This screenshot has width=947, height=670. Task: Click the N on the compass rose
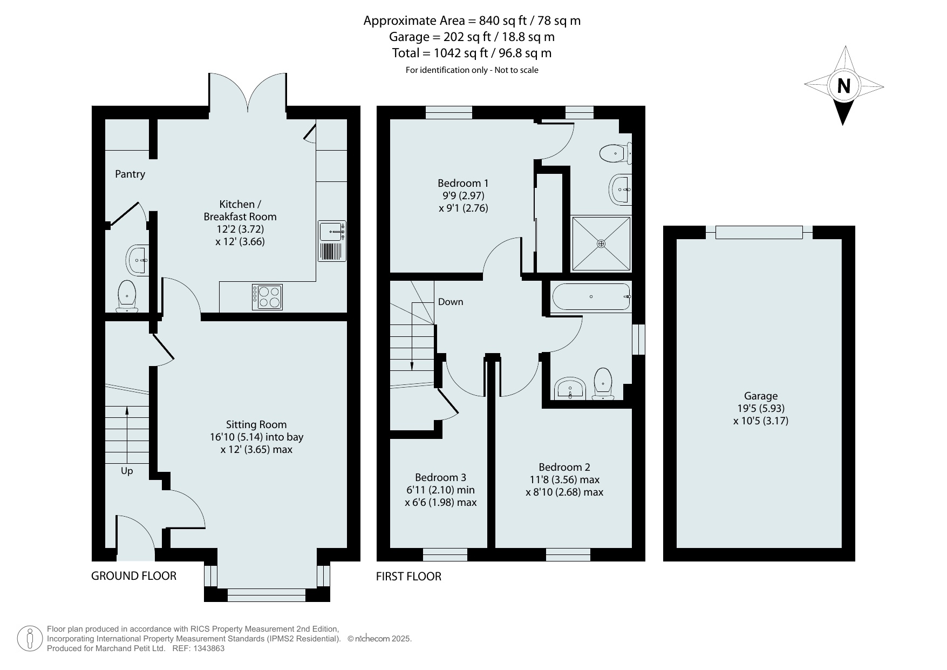[x=843, y=86]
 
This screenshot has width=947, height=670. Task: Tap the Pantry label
[x=130, y=174]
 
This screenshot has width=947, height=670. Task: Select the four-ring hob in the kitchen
[x=267, y=297]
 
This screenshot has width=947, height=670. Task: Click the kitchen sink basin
[x=330, y=231]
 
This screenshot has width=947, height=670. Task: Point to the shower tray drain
[x=601, y=244]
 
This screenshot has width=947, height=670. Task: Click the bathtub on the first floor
[x=591, y=297]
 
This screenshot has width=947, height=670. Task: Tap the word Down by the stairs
[x=451, y=302]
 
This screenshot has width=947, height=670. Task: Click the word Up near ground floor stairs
[x=127, y=471]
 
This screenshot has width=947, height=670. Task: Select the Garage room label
[x=761, y=396]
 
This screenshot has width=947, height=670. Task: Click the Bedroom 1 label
[x=463, y=183]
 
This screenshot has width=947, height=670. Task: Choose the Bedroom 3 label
[x=440, y=477]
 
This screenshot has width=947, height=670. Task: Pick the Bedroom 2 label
[x=564, y=467]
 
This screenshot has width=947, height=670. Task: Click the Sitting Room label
[x=256, y=425]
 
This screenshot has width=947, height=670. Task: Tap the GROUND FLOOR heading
[x=134, y=576]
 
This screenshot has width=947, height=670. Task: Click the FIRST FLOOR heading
[x=408, y=577]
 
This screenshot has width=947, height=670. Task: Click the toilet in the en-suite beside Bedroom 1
[x=616, y=153]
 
